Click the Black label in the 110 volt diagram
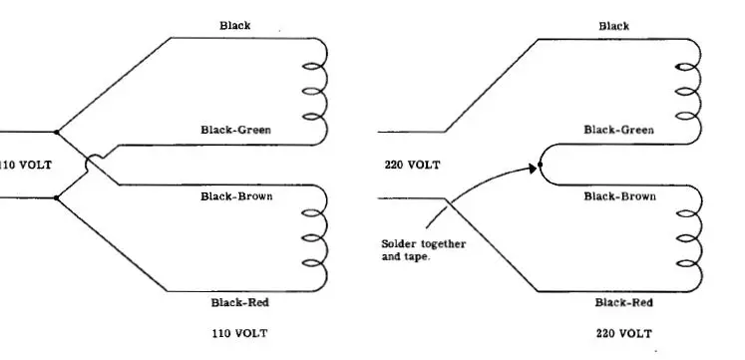(234, 26)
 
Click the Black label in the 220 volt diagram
(613, 26)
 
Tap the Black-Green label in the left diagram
(235, 130)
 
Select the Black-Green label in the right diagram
(618, 130)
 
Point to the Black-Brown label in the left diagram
(236, 196)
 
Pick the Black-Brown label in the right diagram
(619, 196)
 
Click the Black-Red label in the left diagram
(239, 302)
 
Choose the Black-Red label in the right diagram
(623, 302)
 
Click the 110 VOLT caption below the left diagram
(238, 332)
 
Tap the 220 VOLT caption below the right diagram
(623, 332)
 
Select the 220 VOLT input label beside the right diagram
(412, 165)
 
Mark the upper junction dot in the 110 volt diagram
(57, 132)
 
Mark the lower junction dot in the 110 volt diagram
(57, 197)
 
